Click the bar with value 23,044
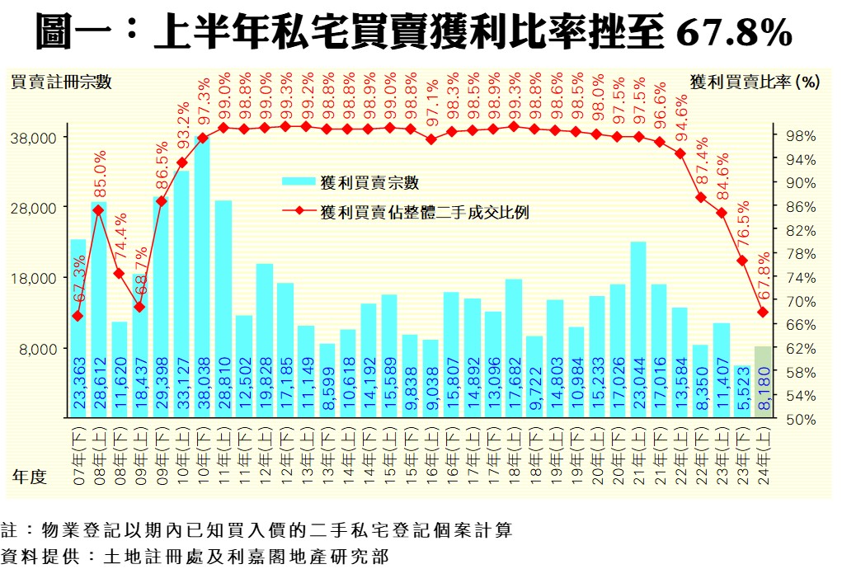638,330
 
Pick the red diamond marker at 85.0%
98,210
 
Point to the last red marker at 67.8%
763,312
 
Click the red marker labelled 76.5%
742,261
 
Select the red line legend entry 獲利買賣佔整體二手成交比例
421,212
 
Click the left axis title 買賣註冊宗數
61,82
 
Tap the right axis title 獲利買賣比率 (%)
754,82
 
